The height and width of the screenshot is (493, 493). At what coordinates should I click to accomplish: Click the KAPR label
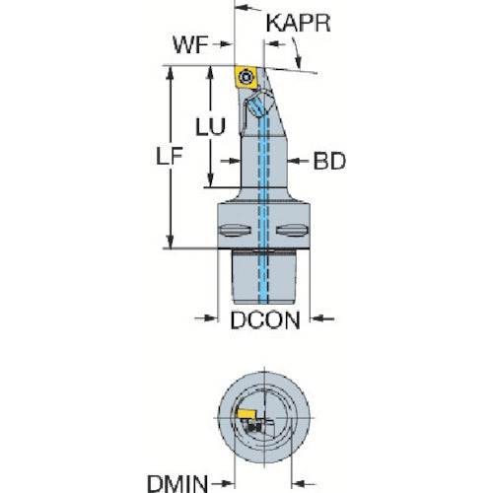[x=298, y=23]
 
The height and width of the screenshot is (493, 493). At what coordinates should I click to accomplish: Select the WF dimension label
[x=190, y=44]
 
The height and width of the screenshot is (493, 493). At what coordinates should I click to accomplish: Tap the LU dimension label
[x=211, y=126]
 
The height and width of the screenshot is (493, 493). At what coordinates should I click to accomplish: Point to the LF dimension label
[x=170, y=156]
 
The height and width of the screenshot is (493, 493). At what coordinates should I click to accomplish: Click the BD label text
[x=329, y=161]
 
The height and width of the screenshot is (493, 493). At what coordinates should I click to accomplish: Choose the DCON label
[x=265, y=320]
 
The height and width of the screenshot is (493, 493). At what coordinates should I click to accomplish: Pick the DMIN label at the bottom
[x=177, y=483]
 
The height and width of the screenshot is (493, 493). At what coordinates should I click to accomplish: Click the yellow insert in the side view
[x=246, y=78]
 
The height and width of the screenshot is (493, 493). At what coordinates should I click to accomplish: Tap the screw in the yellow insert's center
[x=246, y=78]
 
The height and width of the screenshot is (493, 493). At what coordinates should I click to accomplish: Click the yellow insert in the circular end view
[x=246, y=413]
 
